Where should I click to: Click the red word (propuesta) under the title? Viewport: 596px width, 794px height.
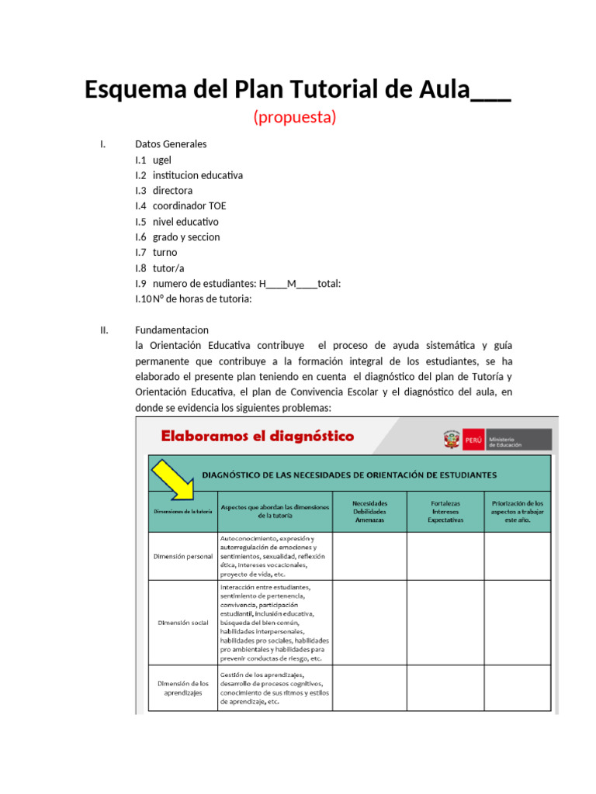click(294, 117)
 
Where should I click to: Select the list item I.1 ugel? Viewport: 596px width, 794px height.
click(153, 160)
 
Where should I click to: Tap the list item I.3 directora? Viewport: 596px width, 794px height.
click(164, 191)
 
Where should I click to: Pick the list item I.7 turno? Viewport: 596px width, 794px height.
click(156, 253)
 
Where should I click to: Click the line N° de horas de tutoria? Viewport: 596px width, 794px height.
click(193, 299)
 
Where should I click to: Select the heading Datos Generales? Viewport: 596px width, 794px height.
click(171, 144)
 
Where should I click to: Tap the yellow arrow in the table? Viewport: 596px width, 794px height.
click(173, 479)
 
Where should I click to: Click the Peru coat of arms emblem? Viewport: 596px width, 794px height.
click(451, 440)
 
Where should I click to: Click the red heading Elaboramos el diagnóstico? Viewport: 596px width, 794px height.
click(257, 437)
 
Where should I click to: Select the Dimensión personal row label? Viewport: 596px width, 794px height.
click(183, 557)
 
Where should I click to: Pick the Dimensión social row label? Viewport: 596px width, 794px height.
click(183, 623)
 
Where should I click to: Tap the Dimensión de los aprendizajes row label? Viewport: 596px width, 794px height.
click(183, 688)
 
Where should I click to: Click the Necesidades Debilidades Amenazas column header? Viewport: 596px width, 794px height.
click(369, 512)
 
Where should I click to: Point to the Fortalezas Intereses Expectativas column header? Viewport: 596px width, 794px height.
click(445, 512)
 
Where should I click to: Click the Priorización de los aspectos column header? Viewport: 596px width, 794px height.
click(518, 512)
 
